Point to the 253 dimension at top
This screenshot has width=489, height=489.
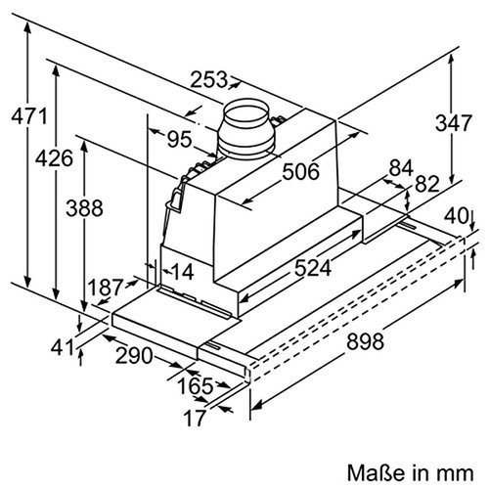[x=209, y=79]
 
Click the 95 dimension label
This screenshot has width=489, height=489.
[x=178, y=139]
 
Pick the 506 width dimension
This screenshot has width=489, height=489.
[x=300, y=172]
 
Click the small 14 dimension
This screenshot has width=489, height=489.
[x=182, y=272]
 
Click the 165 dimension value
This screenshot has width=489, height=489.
[x=196, y=386]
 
